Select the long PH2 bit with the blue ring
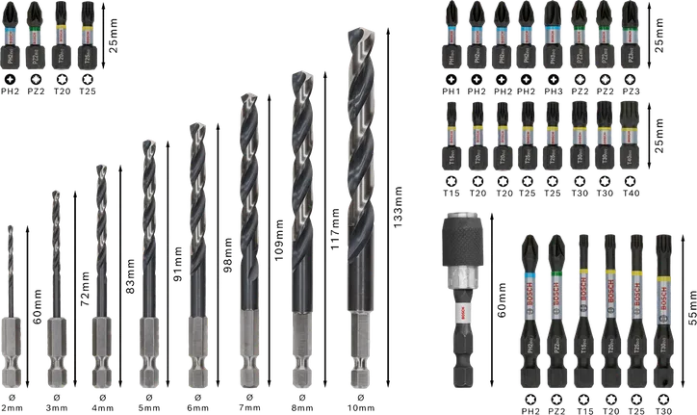coord(529,308)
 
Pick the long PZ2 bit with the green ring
coord(559,308)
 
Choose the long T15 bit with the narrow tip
coord(586,308)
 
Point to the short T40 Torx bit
coord(630,135)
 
